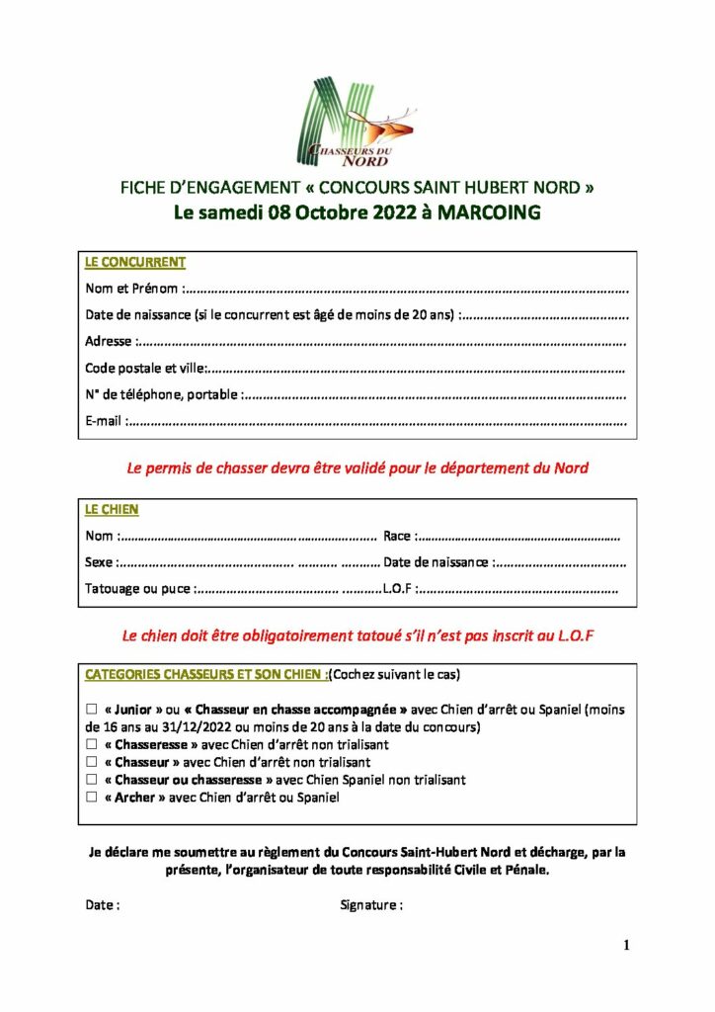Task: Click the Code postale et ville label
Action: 144,369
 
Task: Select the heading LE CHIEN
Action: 112,510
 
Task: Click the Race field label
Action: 398,537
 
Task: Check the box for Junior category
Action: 92,710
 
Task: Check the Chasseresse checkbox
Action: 92,745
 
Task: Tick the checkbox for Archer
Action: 92,798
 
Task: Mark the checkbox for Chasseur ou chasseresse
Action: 92,780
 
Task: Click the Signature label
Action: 370,905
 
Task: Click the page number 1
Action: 626,946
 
